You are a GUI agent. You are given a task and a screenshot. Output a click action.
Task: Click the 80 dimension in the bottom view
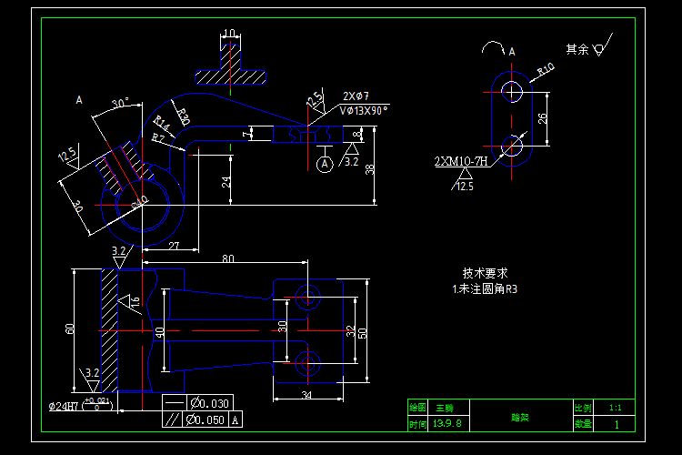point(227,259)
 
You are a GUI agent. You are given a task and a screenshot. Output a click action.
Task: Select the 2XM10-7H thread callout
point(461,162)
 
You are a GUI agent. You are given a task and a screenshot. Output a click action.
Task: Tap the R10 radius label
point(546,69)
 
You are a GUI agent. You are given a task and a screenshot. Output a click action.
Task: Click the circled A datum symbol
point(324,164)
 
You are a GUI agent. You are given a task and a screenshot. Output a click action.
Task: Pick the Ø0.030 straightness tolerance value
point(209,403)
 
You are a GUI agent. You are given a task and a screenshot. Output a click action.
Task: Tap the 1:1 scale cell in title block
point(616,409)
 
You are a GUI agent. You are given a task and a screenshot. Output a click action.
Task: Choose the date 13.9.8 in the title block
point(448,424)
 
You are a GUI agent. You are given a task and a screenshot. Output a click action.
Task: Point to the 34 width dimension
point(306,395)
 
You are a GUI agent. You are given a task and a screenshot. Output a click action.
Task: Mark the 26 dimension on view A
point(543,118)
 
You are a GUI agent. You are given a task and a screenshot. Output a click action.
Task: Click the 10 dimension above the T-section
point(230,33)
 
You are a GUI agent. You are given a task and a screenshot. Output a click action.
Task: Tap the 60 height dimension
point(69,329)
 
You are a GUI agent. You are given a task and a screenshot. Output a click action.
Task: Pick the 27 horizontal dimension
point(174,246)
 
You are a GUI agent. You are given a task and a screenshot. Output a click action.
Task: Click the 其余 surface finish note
point(577,49)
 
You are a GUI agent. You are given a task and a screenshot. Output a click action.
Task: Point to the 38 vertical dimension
point(369,169)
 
